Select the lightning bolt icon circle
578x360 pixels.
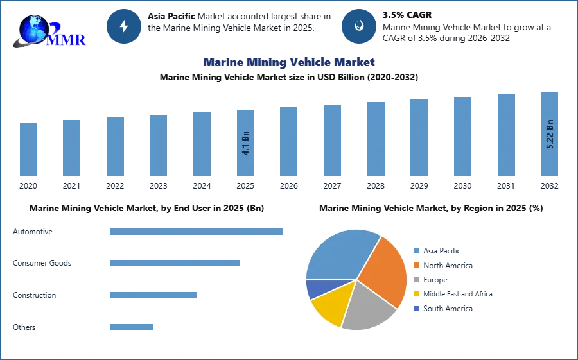click(124, 26)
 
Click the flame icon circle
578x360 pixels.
click(359, 26)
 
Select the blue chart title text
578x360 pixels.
click(287, 62)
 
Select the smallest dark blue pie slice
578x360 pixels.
click(317, 288)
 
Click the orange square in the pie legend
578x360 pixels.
click(416, 266)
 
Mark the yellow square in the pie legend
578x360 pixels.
click(416, 293)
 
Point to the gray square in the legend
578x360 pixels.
click(416, 279)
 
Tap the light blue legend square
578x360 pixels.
click(416, 252)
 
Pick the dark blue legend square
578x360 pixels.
click(416, 308)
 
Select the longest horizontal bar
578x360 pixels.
click(197, 231)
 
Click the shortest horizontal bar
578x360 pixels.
click(131, 328)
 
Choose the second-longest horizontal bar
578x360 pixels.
click(174, 262)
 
